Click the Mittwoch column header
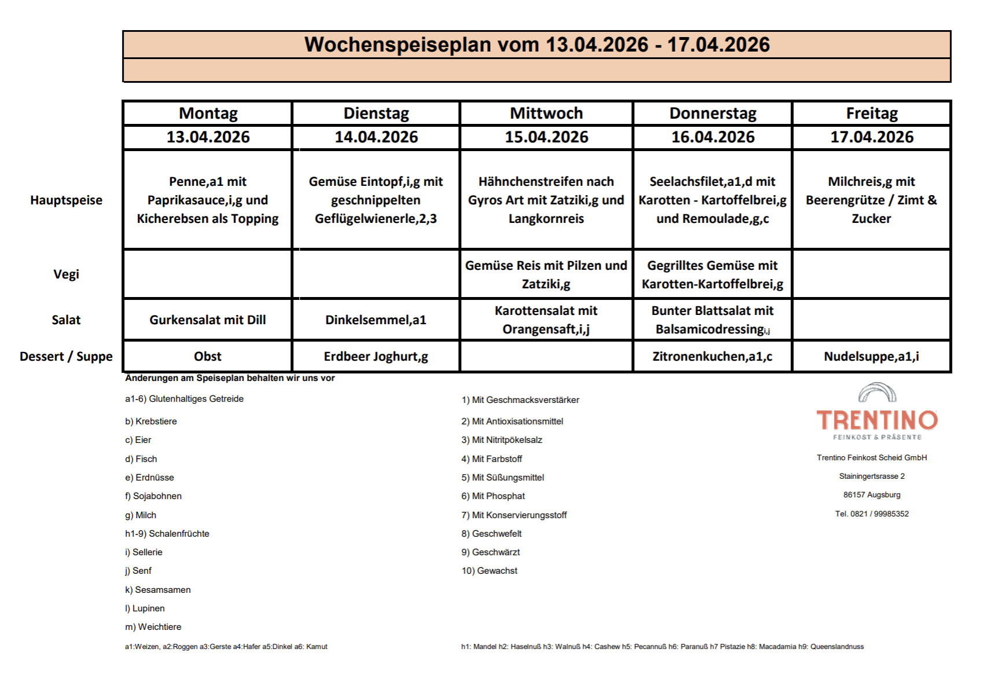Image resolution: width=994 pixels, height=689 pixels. coord(546,113)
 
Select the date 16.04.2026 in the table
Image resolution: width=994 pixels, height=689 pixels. coord(713,137)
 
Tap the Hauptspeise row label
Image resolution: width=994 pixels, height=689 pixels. coord(66,200)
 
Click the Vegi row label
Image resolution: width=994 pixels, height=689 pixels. coord(66,274)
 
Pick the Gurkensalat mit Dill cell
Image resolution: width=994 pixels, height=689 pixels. coord(208,320)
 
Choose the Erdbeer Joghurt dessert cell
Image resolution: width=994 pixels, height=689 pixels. coord(375,357)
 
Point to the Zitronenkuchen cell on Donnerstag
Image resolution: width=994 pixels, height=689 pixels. coord(712,357)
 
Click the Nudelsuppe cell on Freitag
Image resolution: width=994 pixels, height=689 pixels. coord(871,357)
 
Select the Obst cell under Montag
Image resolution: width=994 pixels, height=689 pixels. coord(208,357)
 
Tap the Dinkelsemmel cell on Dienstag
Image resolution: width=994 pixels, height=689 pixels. coord(375,320)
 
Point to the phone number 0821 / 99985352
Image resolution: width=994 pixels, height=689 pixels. coord(871,514)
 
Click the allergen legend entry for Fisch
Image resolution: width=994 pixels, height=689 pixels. coord(141,459)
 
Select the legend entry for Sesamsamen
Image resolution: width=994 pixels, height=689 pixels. coord(158,590)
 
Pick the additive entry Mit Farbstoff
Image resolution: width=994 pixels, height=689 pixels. coord(492,459)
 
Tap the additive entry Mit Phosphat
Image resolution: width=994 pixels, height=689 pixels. coord(493,496)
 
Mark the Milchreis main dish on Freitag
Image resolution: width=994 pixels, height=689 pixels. coord(871,200)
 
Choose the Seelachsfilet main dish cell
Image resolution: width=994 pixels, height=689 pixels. coord(712,200)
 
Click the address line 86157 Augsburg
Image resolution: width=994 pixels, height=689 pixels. coord(871,495)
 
